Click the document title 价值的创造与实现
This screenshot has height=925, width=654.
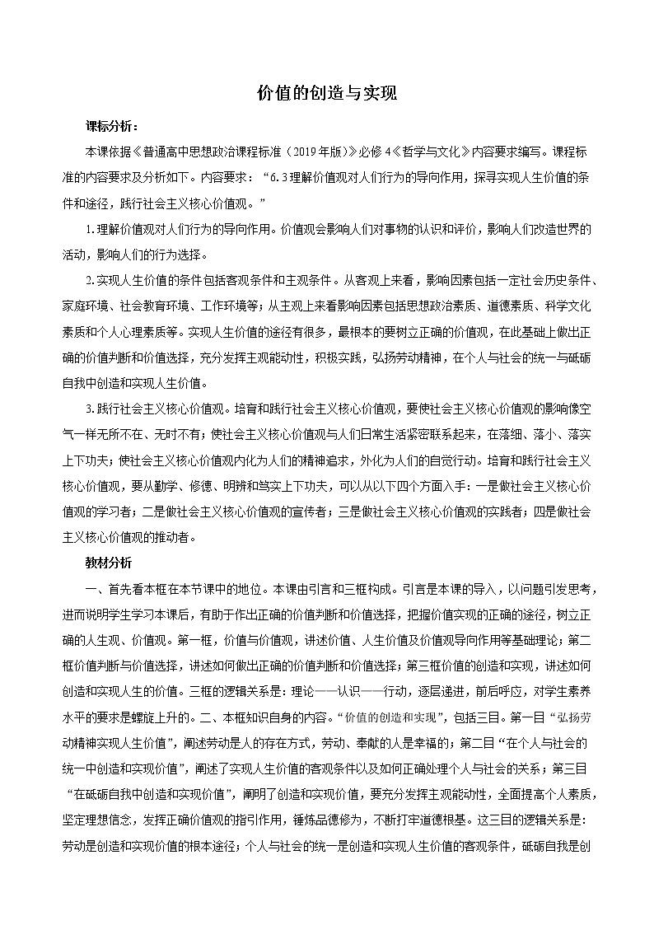point(327,94)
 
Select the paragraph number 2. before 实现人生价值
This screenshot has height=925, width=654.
point(91,280)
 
